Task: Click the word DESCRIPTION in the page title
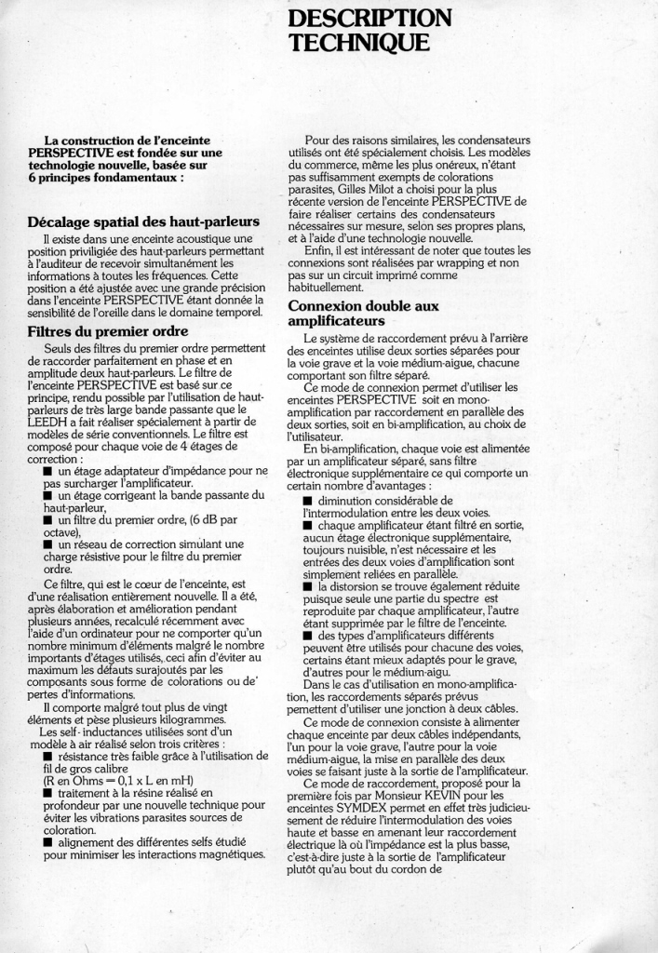point(370,19)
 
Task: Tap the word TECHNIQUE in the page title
point(359,43)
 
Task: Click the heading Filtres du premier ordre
point(108,331)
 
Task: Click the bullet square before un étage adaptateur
point(47,471)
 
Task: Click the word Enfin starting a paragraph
point(320,250)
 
